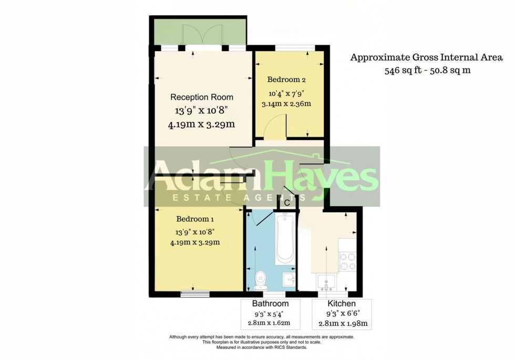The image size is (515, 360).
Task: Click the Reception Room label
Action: (x=201, y=97)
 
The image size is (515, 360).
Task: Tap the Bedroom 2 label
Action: (x=286, y=80)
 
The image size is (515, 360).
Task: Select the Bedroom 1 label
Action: (x=195, y=219)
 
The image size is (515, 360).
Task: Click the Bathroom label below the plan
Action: (x=270, y=304)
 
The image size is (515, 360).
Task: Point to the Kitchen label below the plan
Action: (x=342, y=304)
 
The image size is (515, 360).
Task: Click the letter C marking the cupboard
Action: (x=287, y=202)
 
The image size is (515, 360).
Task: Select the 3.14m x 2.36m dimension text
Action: (x=286, y=104)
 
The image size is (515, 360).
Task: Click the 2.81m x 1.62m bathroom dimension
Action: (x=270, y=323)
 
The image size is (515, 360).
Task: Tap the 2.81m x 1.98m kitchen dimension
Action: (x=342, y=323)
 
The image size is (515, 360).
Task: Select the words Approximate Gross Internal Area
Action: (x=427, y=57)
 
